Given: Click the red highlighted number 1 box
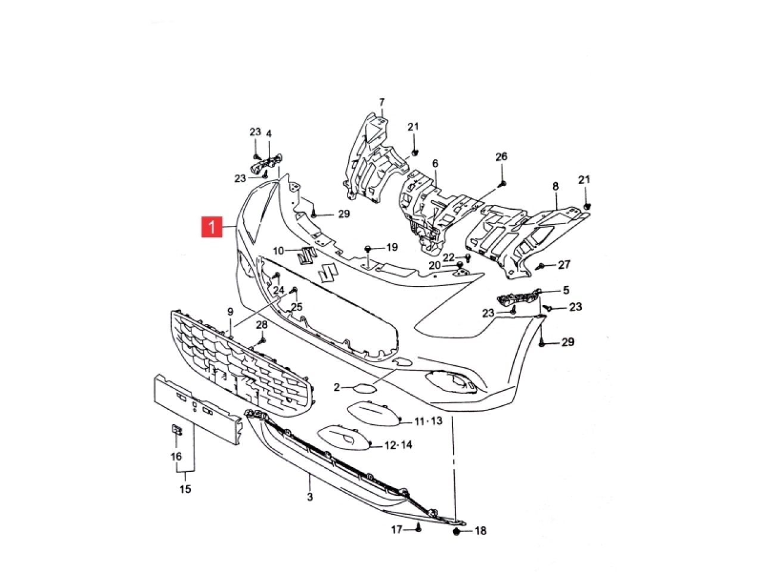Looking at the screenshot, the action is point(212,227).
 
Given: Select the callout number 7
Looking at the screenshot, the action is point(381,102).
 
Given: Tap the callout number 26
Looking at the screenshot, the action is point(501,157).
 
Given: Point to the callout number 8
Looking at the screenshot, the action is point(556,186).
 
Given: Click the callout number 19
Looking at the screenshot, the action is point(392,247).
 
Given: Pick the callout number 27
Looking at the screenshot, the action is point(564,265).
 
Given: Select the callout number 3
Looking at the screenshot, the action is point(310,497).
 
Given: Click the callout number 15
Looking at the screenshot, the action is point(185,489).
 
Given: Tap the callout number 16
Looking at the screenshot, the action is point(176,456).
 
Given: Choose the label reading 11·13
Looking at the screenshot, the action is point(428,421).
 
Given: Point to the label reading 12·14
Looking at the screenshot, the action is point(398,445).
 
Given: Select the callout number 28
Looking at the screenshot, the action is point(262,325).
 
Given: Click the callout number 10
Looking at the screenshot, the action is point(278,250).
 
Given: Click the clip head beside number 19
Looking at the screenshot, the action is point(367,248).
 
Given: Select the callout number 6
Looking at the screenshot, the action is point(436,163).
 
